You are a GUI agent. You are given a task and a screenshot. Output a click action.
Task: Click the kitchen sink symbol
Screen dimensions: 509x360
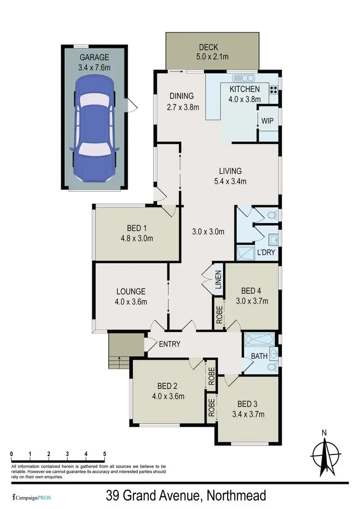[243, 78]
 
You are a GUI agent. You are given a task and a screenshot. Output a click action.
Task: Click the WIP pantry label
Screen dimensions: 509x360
[267, 121]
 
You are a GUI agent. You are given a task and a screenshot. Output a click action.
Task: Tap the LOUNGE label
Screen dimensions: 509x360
[131, 291]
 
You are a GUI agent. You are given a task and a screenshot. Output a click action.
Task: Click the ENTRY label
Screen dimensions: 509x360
[169, 343]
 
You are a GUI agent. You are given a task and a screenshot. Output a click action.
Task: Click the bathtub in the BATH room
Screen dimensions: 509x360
[258, 341]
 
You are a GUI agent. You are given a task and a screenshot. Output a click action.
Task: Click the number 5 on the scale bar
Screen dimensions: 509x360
[104, 453]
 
